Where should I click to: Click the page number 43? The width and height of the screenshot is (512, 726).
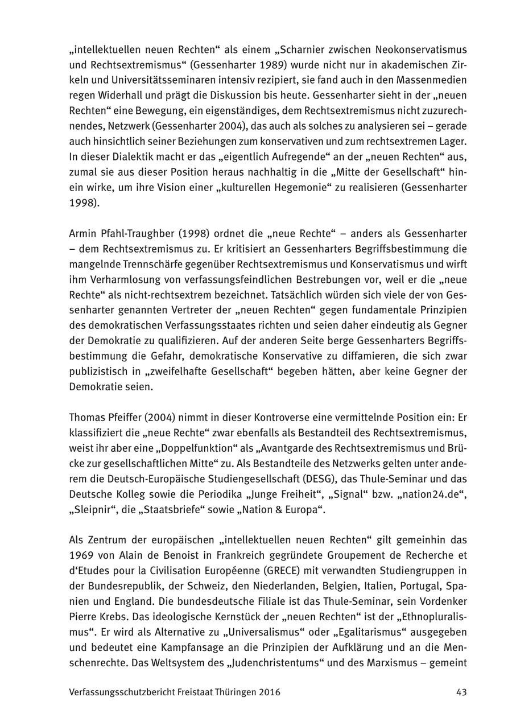click(461, 692)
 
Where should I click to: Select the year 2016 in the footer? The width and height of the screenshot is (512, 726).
click(267, 692)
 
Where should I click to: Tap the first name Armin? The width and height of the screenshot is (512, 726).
click(81, 233)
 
